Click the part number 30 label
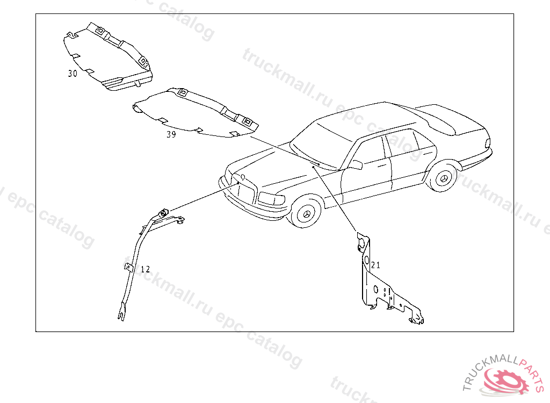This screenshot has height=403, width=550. click(x=73, y=74)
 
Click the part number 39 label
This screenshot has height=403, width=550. click(x=171, y=134)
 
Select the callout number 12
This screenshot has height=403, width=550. click(x=146, y=269)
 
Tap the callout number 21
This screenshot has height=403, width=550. click(x=375, y=265)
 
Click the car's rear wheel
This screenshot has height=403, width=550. click(x=444, y=177)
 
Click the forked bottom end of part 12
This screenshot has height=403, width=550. click(x=121, y=313)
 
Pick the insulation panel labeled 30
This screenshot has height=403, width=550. click(x=107, y=56)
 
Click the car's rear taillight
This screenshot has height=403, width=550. click(x=488, y=143)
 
